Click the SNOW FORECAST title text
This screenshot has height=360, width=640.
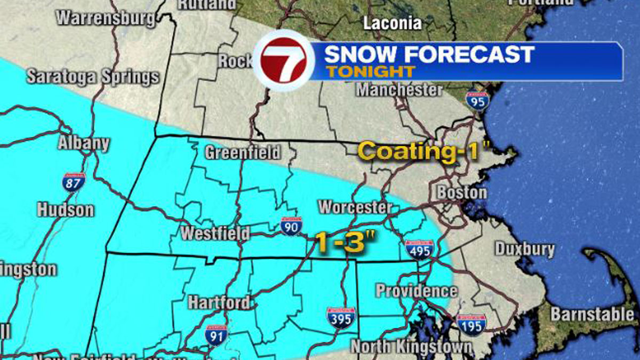[429, 54]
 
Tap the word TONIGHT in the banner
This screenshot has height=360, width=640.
[371, 71]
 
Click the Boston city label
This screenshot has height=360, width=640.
[462, 192]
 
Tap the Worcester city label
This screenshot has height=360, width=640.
[355, 207]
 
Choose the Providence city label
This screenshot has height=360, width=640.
[416, 291]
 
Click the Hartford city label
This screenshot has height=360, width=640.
[218, 302]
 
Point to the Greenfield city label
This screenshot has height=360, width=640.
[243, 153]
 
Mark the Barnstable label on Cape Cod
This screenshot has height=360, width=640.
[593, 314]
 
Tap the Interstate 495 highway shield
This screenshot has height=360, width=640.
[419, 249]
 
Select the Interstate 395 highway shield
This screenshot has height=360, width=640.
[341, 317]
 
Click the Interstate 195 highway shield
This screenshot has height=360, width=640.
[470, 324]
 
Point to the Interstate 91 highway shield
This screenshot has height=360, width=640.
[217, 335]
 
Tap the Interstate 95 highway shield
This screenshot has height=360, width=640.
[476, 100]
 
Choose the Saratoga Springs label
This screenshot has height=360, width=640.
[93, 77]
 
